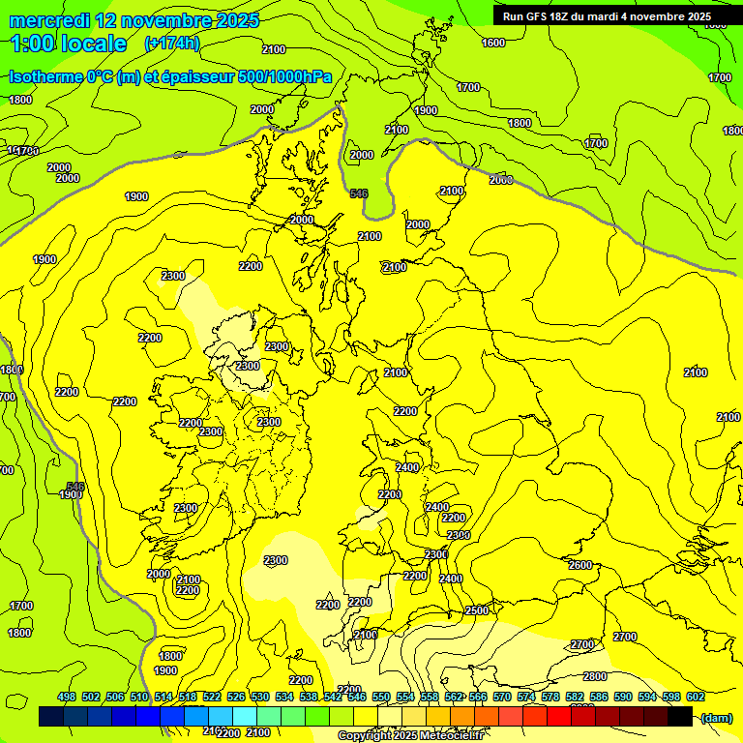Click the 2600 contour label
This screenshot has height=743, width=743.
(580, 565)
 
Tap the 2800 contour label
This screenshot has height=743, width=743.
(595, 676)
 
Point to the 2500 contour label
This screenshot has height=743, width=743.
(477, 610)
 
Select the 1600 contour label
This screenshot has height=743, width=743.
(493, 43)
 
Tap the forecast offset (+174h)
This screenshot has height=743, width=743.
(171, 44)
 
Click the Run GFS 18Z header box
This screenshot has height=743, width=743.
(607, 16)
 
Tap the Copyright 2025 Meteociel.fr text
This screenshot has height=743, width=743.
(410, 736)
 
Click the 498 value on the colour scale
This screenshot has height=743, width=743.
(67, 697)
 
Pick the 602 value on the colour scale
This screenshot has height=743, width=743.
(696, 697)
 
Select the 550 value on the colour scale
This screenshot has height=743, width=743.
(381, 697)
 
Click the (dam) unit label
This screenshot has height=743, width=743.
(717, 717)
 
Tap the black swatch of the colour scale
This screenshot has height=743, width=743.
(680, 717)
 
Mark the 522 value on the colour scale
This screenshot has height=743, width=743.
(212, 697)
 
